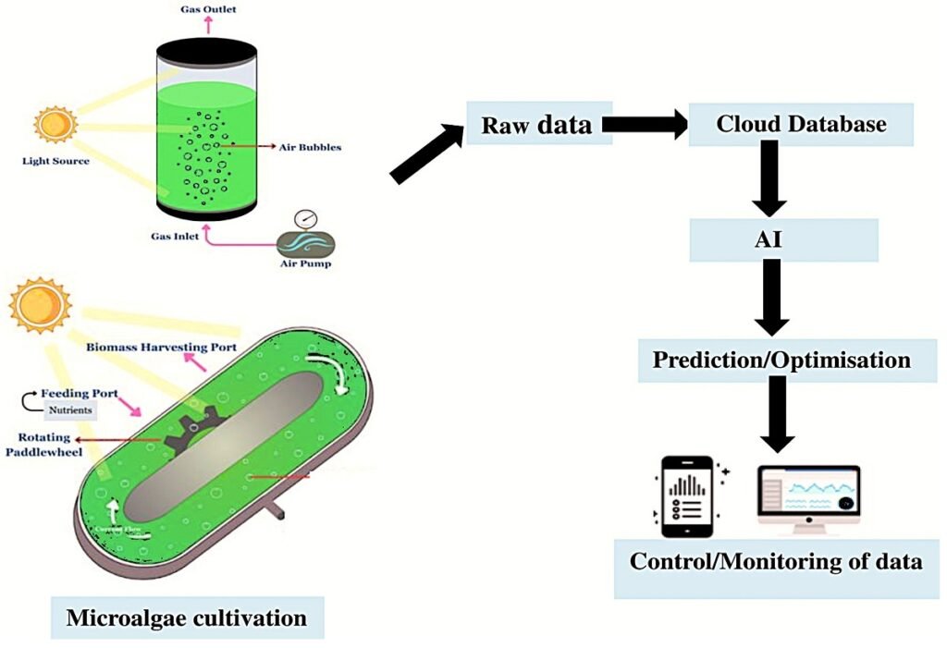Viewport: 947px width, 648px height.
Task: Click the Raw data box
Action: [x=536, y=123]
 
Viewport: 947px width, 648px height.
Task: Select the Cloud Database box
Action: [x=801, y=124]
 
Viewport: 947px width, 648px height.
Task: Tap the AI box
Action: [x=782, y=238]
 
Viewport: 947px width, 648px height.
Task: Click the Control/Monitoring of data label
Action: [x=776, y=561]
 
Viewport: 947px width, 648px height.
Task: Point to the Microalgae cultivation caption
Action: [x=186, y=616]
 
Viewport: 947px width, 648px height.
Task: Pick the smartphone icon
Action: [x=685, y=496]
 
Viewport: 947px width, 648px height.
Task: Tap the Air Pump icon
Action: [x=305, y=240]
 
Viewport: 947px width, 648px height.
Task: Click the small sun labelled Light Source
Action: [x=55, y=124]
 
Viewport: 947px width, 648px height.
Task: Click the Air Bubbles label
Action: [x=312, y=146]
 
